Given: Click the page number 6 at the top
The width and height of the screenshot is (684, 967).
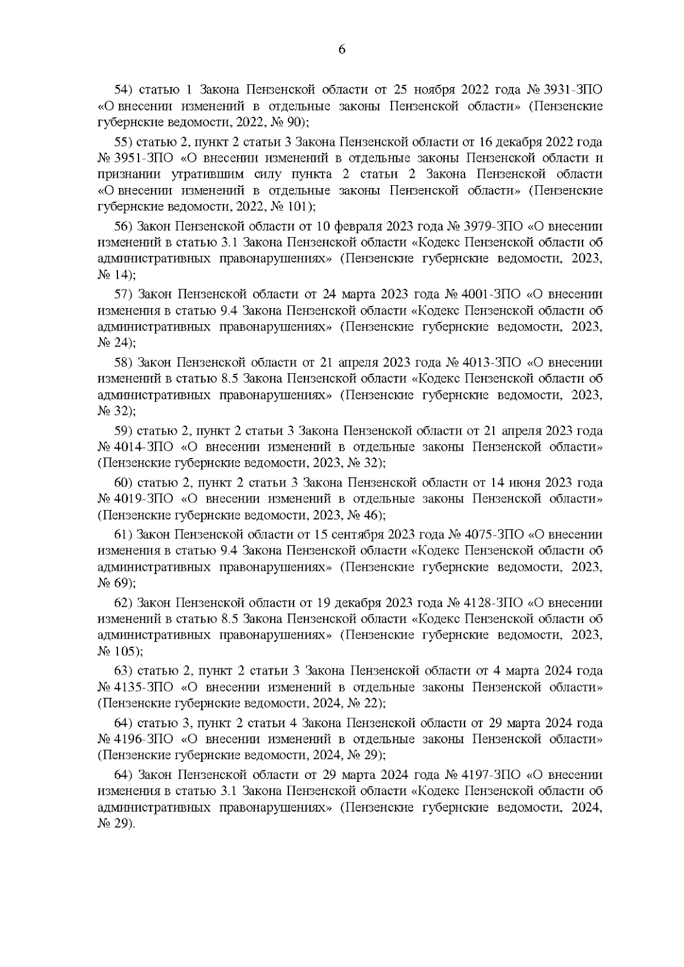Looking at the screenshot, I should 342,49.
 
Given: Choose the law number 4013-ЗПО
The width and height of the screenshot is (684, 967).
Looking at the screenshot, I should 493,362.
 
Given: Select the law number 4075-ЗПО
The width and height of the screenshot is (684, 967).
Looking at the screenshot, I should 494,534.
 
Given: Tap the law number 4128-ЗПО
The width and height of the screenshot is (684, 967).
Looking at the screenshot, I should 494,603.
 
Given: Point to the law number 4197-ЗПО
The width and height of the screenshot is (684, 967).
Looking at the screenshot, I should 493,775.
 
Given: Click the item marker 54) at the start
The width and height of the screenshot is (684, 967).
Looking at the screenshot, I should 124,90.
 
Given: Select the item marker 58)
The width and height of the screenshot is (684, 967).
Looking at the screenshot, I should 124,362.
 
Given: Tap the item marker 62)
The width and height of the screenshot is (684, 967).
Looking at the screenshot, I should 124,603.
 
